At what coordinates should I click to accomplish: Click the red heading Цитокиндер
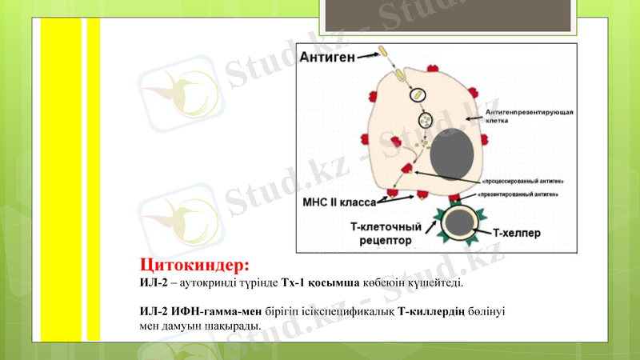[195, 264]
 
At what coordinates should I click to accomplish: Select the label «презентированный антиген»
[518, 194]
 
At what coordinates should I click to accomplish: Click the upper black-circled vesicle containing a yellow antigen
[418, 95]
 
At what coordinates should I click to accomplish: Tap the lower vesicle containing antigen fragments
[426, 121]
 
